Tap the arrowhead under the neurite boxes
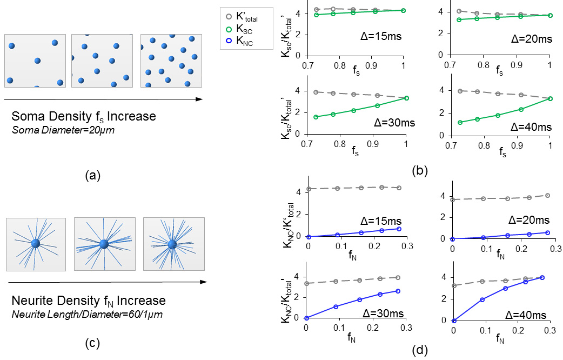coord(204,282)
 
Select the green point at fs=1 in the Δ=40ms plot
coord(549,98)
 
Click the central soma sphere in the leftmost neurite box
coord(35,244)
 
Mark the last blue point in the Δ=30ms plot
coord(398,291)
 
